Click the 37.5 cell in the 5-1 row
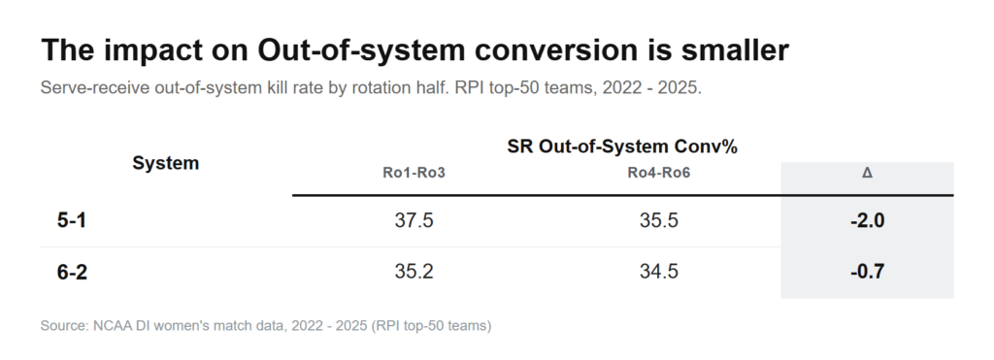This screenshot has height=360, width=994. tap(414, 220)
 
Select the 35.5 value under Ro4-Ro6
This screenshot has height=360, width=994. tap(659, 220)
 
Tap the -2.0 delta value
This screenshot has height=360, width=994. tap(867, 220)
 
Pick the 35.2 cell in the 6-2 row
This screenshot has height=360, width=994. tap(414, 272)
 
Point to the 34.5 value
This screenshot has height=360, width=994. tap(659, 272)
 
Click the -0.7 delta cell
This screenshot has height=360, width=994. tap(867, 272)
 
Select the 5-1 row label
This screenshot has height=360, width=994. tap(72, 220)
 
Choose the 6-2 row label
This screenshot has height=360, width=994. tap(72, 272)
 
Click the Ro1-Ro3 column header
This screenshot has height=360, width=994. tap(414, 173)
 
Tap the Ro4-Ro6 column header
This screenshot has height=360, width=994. tap(659, 173)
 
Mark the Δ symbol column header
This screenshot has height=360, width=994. tap(867, 173)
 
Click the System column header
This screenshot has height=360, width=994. tap(165, 163)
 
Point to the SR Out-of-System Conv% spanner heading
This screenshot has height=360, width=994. tap(622, 147)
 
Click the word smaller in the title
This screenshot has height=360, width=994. tap(736, 50)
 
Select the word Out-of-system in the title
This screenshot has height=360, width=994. tap(360, 50)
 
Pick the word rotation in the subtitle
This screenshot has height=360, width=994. tap(379, 87)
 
